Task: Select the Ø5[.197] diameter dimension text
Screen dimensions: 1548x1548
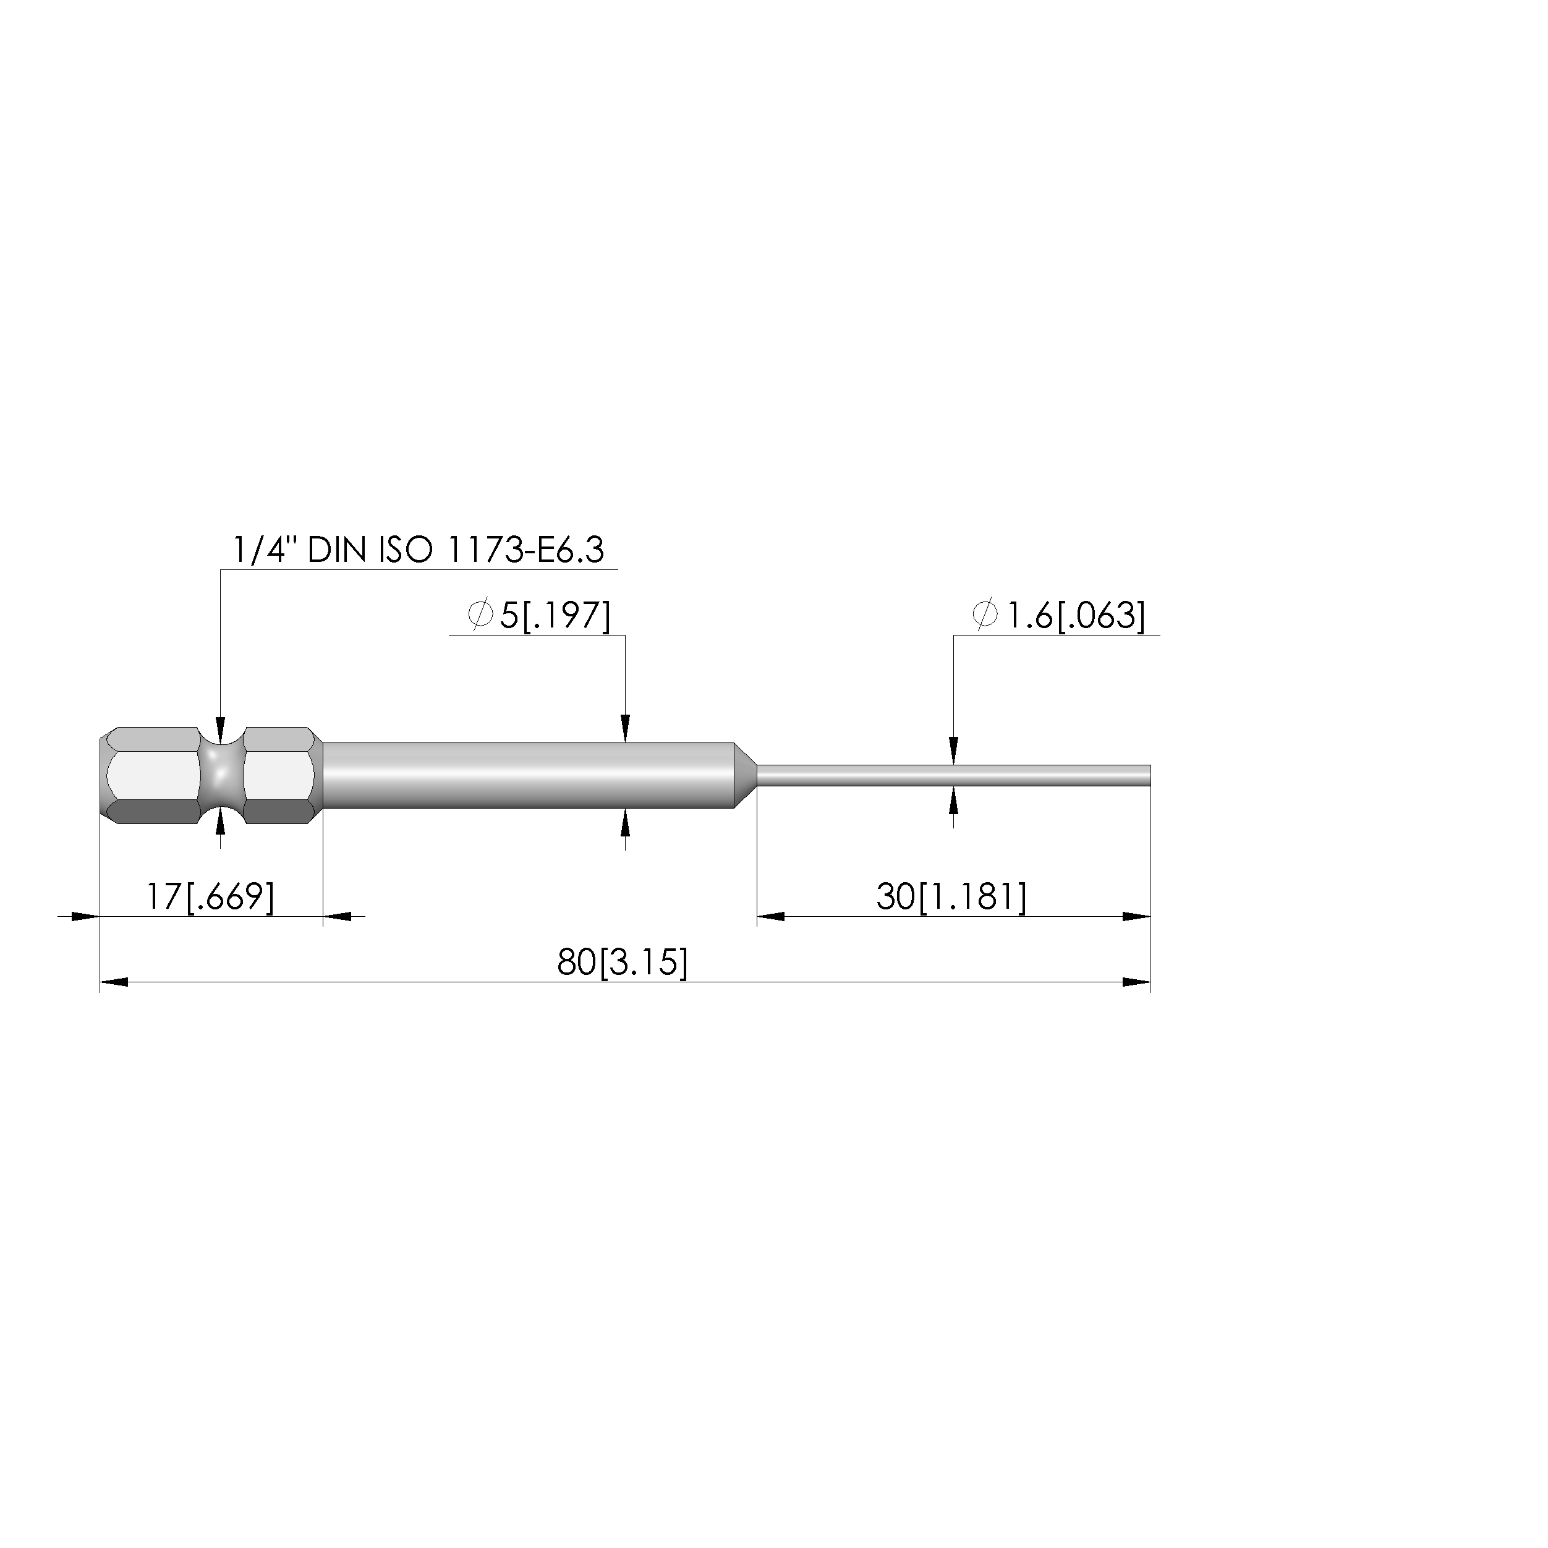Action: (x=539, y=615)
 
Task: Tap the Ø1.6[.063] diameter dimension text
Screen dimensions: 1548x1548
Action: (x=1058, y=615)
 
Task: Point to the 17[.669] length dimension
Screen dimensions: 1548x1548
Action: (x=210, y=896)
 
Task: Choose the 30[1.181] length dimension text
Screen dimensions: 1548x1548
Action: (x=951, y=896)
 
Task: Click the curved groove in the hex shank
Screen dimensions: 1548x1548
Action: (x=221, y=775)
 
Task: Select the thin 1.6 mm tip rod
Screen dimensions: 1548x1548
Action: (x=953, y=775)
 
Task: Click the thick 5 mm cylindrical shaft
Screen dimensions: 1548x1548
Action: (x=529, y=775)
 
